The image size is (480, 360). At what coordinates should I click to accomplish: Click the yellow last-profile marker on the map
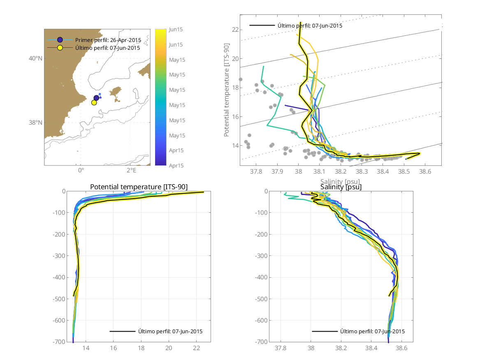[x=94, y=102]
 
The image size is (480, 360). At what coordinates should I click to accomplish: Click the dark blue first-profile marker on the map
[x=97, y=98]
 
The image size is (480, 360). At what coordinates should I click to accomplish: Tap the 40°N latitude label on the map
[x=36, y=58]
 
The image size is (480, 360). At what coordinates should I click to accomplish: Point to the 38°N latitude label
[x=36, y=123]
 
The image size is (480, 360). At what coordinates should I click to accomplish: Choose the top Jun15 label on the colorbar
[x=176, y=29]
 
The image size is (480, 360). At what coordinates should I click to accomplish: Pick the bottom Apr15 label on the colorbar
[x=176, y=165]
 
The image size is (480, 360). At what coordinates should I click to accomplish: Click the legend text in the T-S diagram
[x=310, y=26]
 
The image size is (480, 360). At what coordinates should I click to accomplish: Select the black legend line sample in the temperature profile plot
[x=122, y=331]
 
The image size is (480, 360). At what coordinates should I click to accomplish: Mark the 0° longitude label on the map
[x=81, y=170]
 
